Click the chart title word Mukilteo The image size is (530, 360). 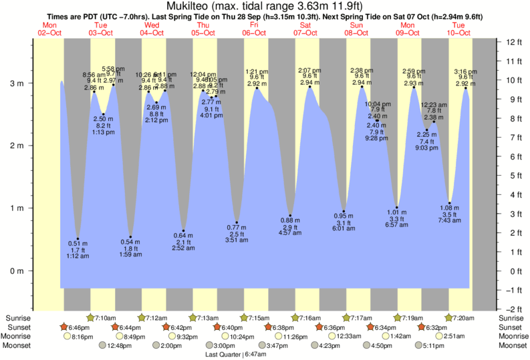pyautogui.click(x=189, y=7)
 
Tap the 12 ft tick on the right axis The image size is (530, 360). pyautogui.click(x=515, y=42)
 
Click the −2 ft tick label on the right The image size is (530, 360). pyautogui.click(x=513, y=309)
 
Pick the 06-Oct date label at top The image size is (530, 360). pyautogui.click(x=255, y=33)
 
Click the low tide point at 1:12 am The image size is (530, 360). pyautogui.click(x=78, y=238)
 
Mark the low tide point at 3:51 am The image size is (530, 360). pyautogui.click(x=237, y=222)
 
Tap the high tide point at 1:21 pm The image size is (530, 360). pyautogui.click(x=257, y=88)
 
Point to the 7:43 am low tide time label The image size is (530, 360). pyautogui.click(x=450, y=221)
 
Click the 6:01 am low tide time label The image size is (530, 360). pyautogui.click(x=344, y=228)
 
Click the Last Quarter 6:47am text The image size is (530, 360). pyautogui.click(x=231, y=355)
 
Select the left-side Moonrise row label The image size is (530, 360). pyautogui.click(x=20, y=337)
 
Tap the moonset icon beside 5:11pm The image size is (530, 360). pyautogui.click(x=418, y=346)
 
